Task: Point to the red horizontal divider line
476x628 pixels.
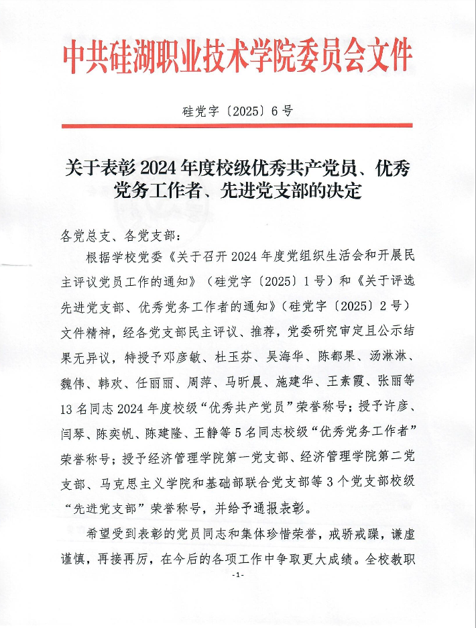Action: (x=237, y=125)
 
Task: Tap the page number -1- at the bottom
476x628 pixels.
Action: (x=237, y=576)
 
